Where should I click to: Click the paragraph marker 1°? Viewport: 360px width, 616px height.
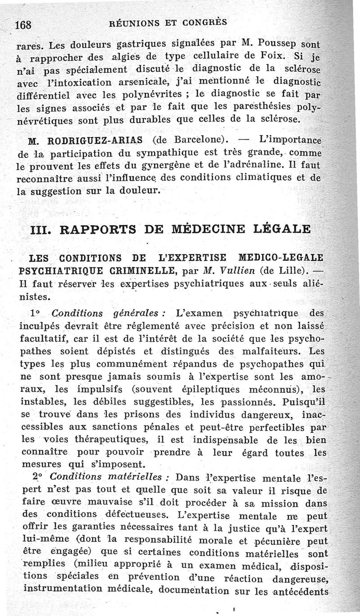point(36,313)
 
